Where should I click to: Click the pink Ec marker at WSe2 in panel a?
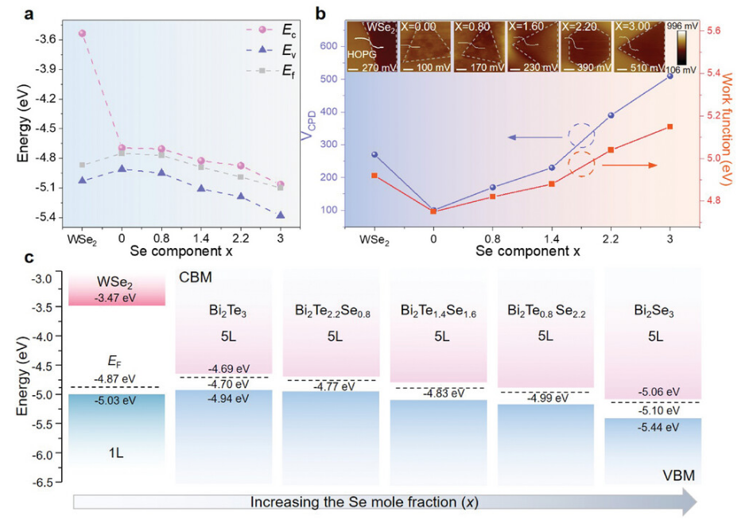(x=82, y=33)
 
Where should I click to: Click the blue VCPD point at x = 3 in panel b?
(x=669, y=76)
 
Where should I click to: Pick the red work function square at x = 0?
(x=433, y=212)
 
